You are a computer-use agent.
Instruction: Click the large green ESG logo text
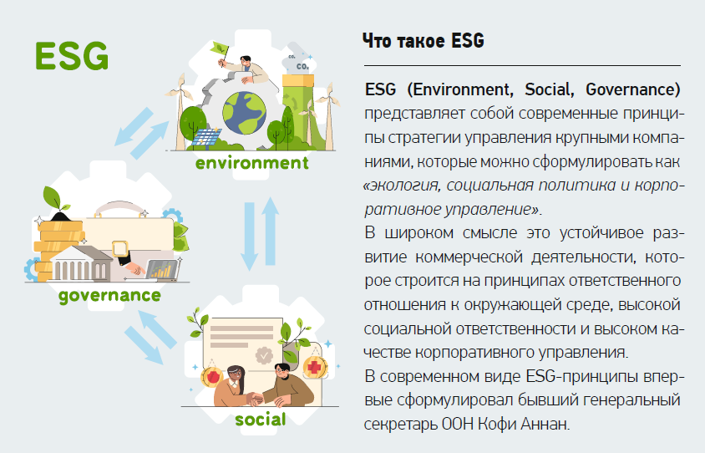[x=72, y=56]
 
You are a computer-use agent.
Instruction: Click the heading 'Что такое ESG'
[x=424, y=40]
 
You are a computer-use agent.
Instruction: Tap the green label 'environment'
[x=252, y=162]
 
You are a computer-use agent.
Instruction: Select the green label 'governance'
[x=109, y=296]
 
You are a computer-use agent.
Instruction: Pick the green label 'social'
[x=261, y=420]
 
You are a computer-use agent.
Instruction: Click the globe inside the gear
[x=245, y=113]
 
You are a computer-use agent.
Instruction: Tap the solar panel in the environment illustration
[x=206, y=138]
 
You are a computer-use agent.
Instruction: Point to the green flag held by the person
[x=220, y=48]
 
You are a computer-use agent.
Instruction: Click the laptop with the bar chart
[x=163, y=270]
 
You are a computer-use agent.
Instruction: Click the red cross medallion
[x=315, y=368]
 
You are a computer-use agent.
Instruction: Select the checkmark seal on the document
[x=264, y=355]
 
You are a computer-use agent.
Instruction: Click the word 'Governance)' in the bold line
[x=633, y=89]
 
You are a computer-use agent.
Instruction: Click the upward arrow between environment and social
[x=270, y=231]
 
